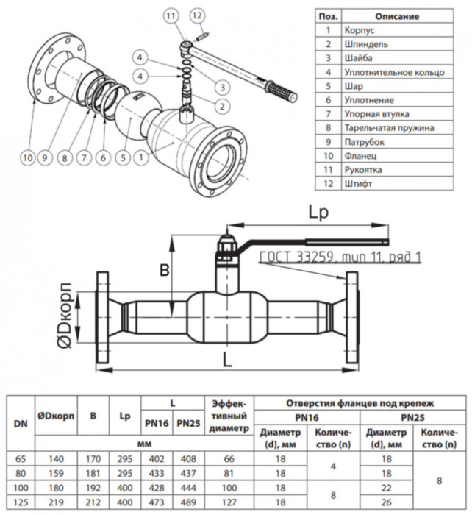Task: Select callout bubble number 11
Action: coord(171,15)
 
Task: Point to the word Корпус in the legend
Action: coord(360,30)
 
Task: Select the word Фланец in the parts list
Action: coord(360,156)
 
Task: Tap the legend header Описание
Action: coord(397,16)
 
